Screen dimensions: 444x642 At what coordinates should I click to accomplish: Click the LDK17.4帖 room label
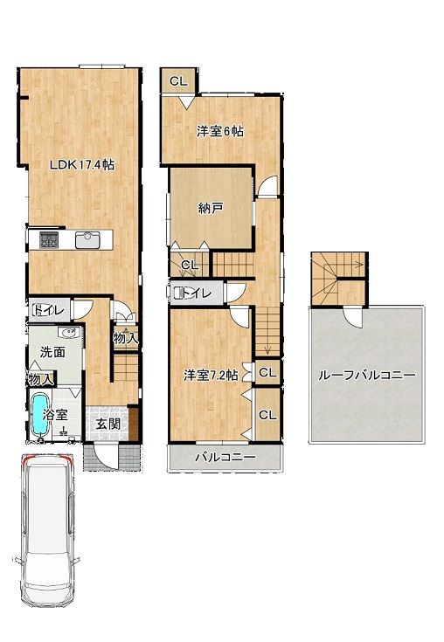pyautogui.click(x=82, y=165)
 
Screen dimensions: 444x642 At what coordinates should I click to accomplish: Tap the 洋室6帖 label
pyautogui.click(x=220, y=131)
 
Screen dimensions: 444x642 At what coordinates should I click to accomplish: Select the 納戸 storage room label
pyautogui.click(x=211, y=209)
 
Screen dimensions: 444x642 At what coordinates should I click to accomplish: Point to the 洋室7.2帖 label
pyautogui.click(x=211, y=375)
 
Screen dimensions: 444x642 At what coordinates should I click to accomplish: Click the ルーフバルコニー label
pyautogui.click(x=367, y=375)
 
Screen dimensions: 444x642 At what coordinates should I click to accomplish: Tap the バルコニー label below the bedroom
pyautogui.click(x=225, y=458)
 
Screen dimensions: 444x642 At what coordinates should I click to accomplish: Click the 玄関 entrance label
pyautogui.click(x=108, y=424)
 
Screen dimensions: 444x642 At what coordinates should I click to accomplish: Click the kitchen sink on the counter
pyautogui.click(x=87, y=240)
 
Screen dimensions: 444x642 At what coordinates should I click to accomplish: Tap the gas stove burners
pyautogui.click(x=49, y=240)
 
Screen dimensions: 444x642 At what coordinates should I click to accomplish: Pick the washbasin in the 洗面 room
pyautogui.click(x=69, y=333)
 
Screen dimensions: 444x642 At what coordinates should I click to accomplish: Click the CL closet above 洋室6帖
pyautogui.click(x=178, y=81)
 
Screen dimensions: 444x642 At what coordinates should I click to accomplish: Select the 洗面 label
pyautogui.click(x=52, y=352)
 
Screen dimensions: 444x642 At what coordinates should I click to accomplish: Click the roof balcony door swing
pyautogui.click(x=352, y=317)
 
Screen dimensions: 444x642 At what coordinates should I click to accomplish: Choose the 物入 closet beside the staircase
pyautogui.click(x=126, y=338)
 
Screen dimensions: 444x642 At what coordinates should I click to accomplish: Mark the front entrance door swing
pyautogui.click(x=105, y=457)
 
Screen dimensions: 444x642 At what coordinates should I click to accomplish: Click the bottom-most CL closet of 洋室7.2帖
pyautogui.click(x=267, y=415)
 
